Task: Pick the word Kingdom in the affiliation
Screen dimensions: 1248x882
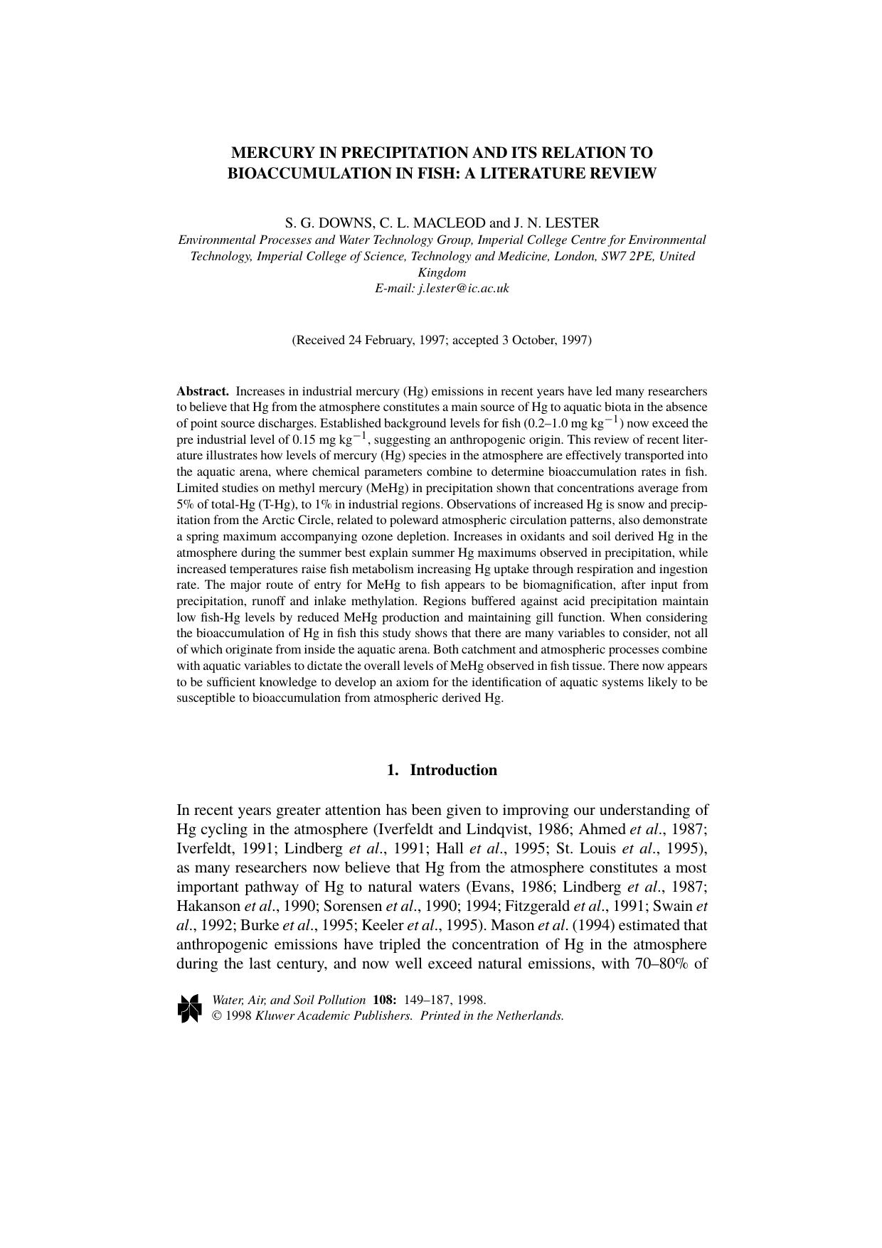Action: pos(442,272)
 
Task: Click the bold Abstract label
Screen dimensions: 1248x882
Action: pos(202,391)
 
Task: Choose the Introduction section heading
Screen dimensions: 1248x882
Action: pos(453,770)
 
